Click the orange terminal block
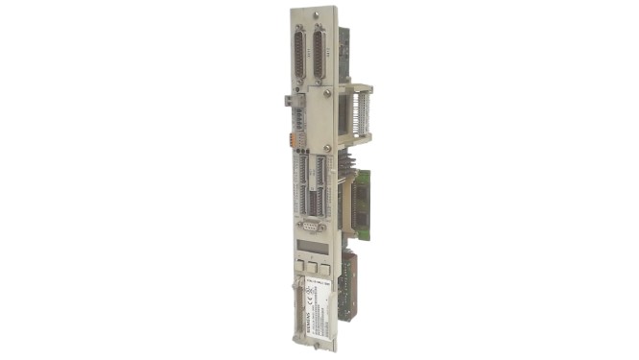(x=295, y=138)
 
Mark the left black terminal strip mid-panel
(x=300, y=187)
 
